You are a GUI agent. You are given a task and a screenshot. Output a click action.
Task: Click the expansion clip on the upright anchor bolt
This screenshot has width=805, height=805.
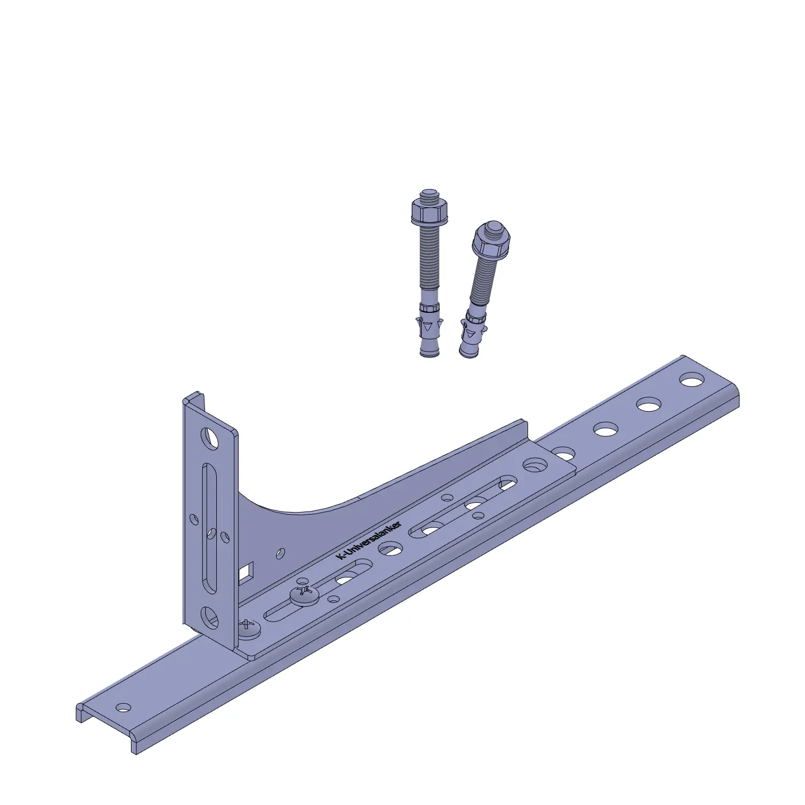pos(429,322)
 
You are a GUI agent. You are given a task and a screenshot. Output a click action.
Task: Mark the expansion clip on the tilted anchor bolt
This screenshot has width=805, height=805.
pos(473,328)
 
